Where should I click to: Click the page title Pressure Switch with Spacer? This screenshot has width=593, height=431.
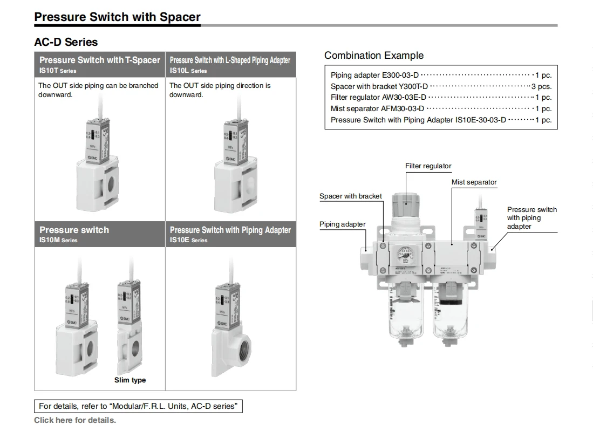(117, 17)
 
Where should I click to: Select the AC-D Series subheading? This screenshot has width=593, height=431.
(66, 42)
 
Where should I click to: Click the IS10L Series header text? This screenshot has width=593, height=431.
(188, 71)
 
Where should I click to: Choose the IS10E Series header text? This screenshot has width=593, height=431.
(188, 240)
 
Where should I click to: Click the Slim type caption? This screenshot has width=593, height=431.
(130, 380)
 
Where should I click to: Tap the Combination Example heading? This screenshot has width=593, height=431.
(374, 55)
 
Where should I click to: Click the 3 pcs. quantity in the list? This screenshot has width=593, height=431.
(541, 86)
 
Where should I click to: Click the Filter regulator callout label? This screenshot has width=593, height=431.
(428, 166)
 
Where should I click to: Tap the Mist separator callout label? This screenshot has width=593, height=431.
(474, 182)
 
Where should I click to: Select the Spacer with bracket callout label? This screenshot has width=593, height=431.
(350, 196)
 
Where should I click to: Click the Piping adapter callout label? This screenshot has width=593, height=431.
(342, 224)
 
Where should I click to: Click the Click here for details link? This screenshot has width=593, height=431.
(75, 420)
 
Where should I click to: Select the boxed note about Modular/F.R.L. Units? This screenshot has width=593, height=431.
(138, 406)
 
